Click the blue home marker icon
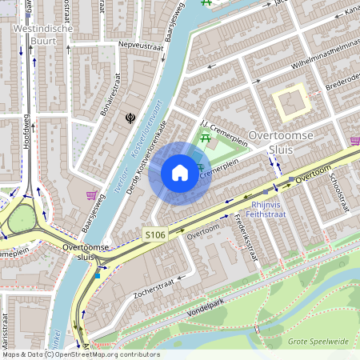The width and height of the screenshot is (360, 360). point(180,172)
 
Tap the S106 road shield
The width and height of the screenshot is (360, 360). point(155,234)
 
